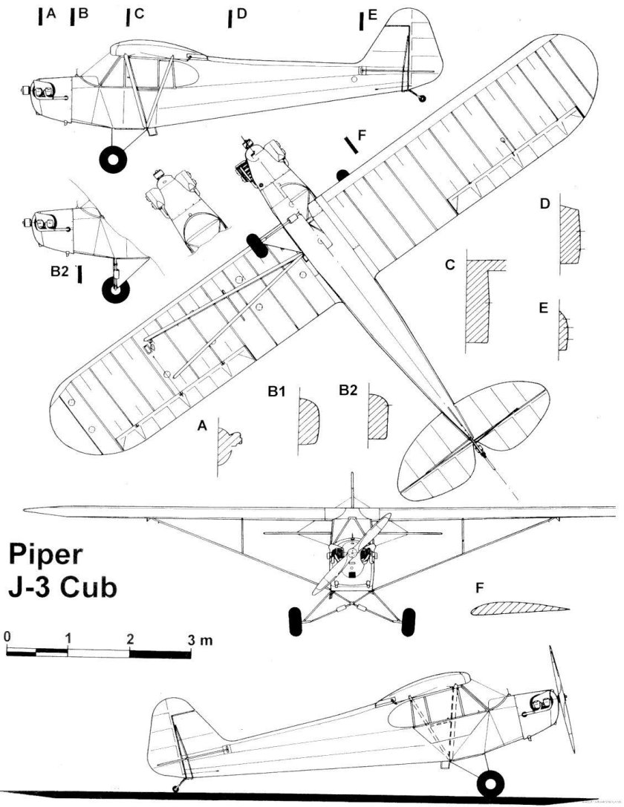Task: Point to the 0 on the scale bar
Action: pyautogui.click(x=7, y=637)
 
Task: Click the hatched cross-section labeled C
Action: pyautogui.click(x=479, y=301)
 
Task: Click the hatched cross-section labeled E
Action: pyautogui.click(x=568, y=331)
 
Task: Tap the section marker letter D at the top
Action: pyautogui.click(x=241, y=15)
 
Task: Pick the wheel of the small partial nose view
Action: pyautogui.click(x=115, y=290)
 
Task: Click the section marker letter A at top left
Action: pyautogui.click(x=51, y=14)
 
